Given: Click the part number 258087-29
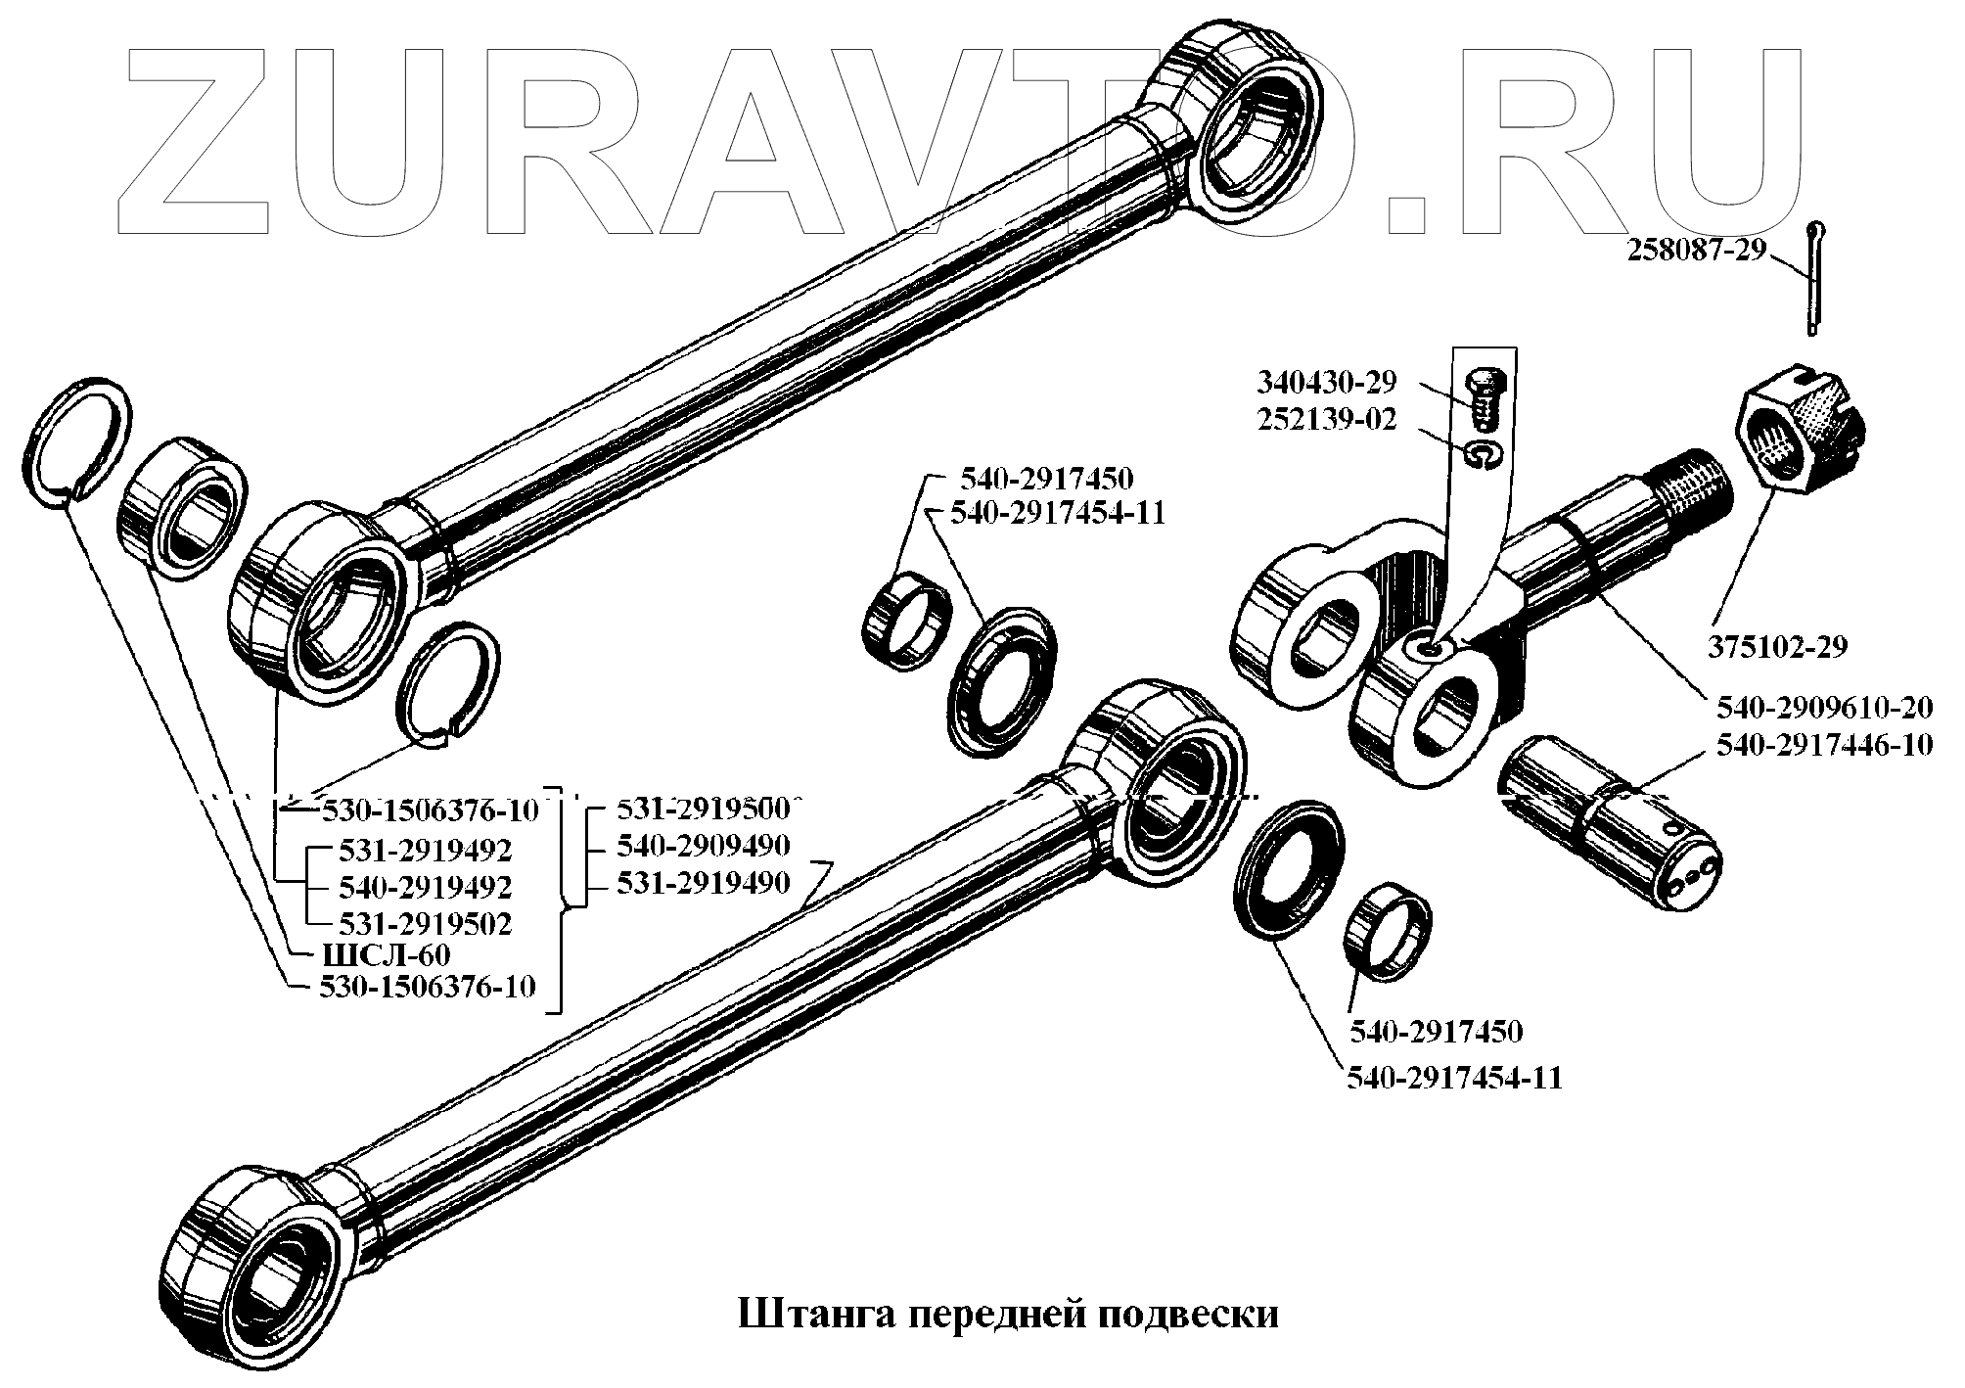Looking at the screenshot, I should pos(1696,251).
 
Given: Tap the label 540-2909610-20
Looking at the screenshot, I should pos(1824,707).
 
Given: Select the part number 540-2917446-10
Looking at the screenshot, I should pos(1824,745).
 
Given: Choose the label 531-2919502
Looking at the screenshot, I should pos(425,923).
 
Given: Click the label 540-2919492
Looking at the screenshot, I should pos(425,887).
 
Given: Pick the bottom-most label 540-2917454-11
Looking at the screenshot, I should pos(1454,1078).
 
